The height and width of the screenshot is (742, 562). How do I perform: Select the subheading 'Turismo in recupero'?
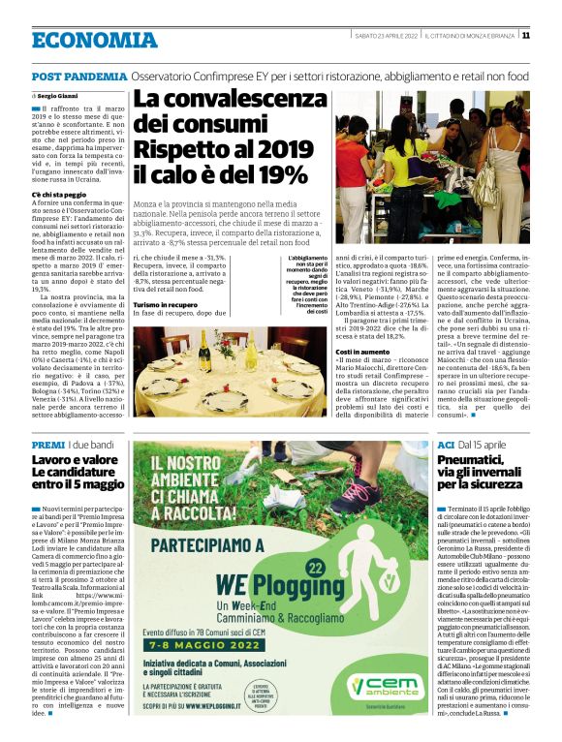[x=164, y=305]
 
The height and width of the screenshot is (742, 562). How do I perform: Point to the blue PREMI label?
[x=47, y=445]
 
